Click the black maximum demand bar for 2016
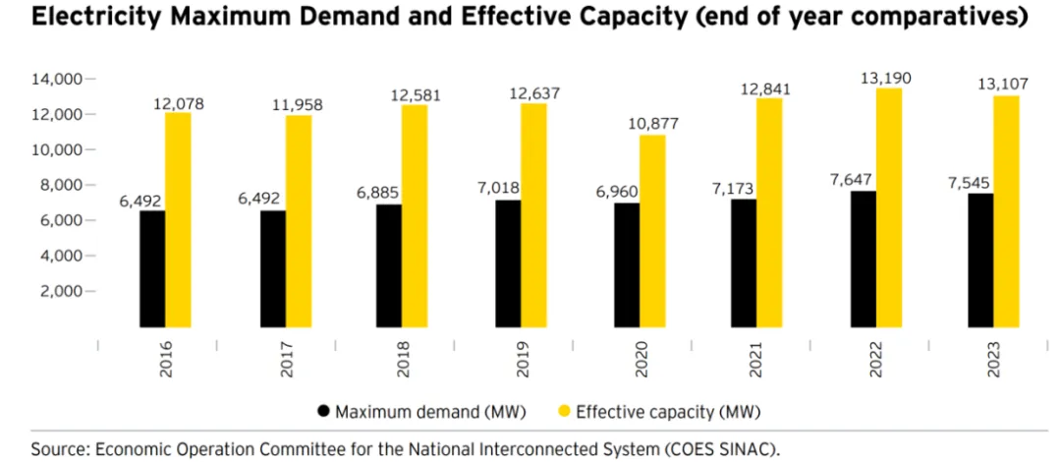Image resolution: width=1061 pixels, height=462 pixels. [x=152, y=268]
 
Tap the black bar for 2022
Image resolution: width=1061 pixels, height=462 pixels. [x=863, y=259]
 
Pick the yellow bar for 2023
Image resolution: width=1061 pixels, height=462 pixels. [x=1006, y=211]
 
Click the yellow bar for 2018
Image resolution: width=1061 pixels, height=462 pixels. [x=415, y=216]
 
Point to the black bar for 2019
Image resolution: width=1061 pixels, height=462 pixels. [x=508, y=263]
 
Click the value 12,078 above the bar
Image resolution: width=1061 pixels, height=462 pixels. [x=179, y=101]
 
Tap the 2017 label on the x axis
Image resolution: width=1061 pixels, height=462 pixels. [x=288, y=361]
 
